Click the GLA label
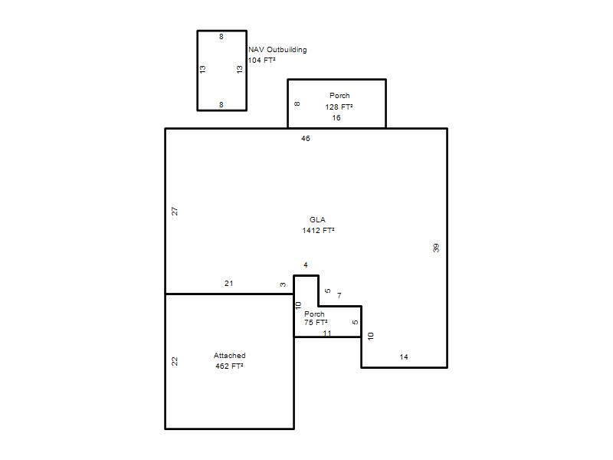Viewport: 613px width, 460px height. tap(317, 220)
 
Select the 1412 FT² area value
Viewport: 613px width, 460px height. tap(318, 231)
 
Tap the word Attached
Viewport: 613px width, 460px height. tap(229, 356)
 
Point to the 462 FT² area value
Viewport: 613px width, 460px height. tap(229, 366)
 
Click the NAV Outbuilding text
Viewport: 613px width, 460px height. tap(277, 50)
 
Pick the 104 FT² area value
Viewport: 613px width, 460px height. tap(261, 61)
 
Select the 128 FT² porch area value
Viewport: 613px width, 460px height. tap(339, 107)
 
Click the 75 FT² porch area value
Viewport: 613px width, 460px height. tap(316, 323)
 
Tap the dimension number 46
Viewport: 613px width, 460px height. tap(306, 139)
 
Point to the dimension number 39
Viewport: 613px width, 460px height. tap(436, 248)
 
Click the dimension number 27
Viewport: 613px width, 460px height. tap(175, 212)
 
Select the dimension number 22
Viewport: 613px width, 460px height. tap(175, 361)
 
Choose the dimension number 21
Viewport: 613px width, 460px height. tap(229, 283)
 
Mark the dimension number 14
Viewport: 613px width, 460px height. tap(404, 356)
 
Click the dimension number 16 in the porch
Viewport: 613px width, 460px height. tap(336, 118)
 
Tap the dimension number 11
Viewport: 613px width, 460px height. tap(327, 333)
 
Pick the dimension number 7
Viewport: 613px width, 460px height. tap(339, 295)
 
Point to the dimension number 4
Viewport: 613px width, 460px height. tap(306, 264)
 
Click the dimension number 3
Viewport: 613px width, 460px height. tap(283, 284)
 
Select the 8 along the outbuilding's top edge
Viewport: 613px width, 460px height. tap(221, 36)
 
